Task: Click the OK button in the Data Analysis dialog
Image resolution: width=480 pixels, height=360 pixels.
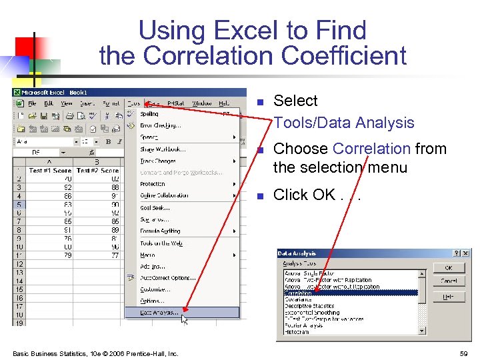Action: pyautogui.click(x=448, y=267)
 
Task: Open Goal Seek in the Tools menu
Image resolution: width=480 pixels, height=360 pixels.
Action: pyautogui.click(x=155, y=208)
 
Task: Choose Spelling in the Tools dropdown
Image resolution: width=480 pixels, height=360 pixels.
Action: pyautogui.click(x=149, y=114)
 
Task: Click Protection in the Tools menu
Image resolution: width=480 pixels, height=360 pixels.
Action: pyautogui.click(x=153, y=184)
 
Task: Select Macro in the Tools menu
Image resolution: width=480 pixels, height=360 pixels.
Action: pyautogui.click(x=147, y=255)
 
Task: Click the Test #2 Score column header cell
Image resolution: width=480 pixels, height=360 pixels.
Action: pyautogui.click(x=98, y=170)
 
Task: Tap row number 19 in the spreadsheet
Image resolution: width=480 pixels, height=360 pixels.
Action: pyautogui.click(x=19, y=323)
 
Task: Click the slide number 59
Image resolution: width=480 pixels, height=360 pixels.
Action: pyautogui.click(x=463, y=353)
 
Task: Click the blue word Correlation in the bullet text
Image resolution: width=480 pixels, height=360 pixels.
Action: pyautogui.click(x=371, y=149)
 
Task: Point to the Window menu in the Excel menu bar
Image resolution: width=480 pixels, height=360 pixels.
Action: pyautogui.click(x=202, y=103)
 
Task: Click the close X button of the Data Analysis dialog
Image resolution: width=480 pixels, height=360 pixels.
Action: pyautogui.click(x=466, y=253)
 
